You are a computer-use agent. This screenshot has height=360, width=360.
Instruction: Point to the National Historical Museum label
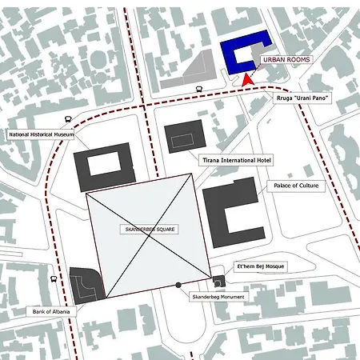click(x=42, y=135)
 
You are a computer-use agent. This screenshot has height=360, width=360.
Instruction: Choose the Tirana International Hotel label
click(x=236, y=160)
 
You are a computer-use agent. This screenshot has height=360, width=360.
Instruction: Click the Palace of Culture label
click(x=297, y=186)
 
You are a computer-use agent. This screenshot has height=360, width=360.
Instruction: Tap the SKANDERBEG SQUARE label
click(x=150, y=229)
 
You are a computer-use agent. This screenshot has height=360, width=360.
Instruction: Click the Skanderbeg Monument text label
click(x=218, y=297)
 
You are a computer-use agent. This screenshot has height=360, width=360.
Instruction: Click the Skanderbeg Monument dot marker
click(x=178, y=285)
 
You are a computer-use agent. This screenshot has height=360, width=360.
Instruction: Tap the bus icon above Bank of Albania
click(x=54, y=280)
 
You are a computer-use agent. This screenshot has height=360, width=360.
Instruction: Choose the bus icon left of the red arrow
click(x=198, y=90)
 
